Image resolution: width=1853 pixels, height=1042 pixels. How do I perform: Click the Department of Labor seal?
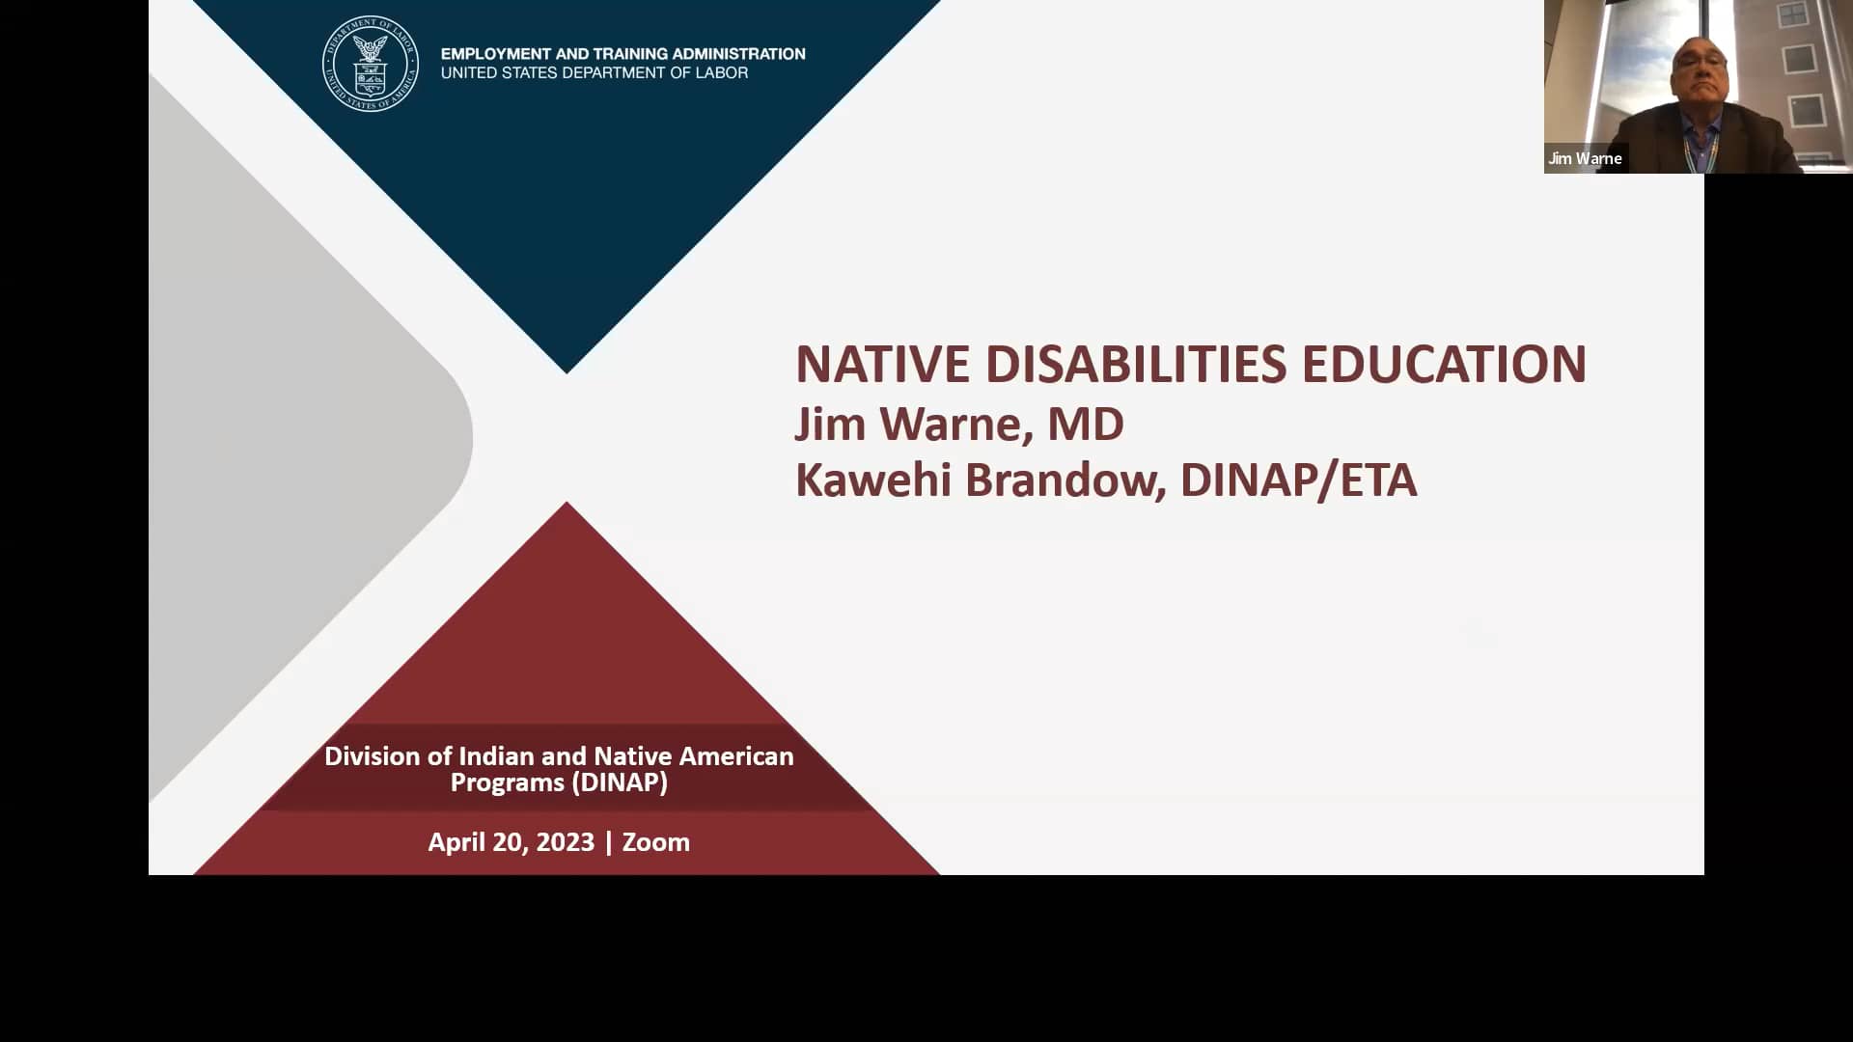tap(371, 64)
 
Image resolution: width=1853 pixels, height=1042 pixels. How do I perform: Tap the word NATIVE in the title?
tap(882, 365)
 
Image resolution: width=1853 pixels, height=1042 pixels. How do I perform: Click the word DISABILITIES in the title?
tap(1136, 365)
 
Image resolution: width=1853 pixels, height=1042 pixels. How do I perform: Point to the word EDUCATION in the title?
tap(1444, 365)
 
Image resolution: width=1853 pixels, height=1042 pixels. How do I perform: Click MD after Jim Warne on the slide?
tap(1086, 425)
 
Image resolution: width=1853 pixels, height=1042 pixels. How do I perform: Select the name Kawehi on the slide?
tap(873, 480)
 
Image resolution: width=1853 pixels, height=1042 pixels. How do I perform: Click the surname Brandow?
tap(1065, 480)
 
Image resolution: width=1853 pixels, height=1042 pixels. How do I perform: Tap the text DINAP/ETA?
tap(1298, 480)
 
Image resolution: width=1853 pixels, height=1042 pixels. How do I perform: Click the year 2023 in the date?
tap(565, 842)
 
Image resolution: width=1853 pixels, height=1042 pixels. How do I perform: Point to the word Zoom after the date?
tap(656, 842)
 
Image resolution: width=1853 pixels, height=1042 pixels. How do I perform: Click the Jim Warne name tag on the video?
tap(1585, 158)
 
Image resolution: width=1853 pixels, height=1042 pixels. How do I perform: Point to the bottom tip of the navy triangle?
tap(567, 371)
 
